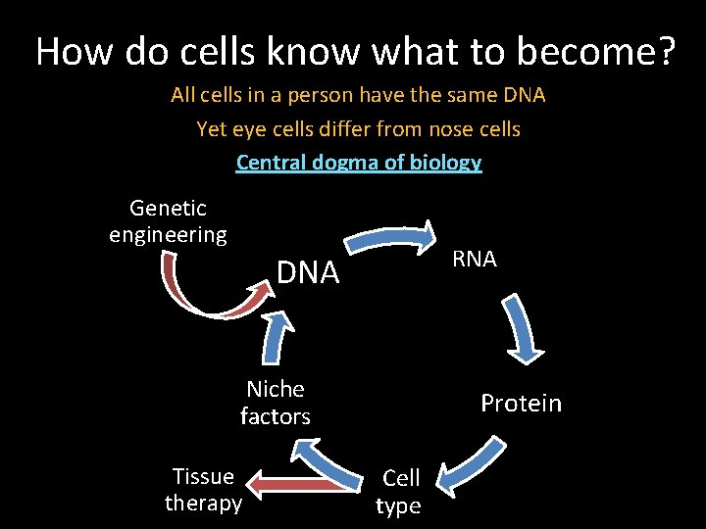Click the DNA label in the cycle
coord(308,272)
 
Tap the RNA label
coord(475,259)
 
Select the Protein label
coord(521,404)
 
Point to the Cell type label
coord(400,491)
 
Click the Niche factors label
coord(276,403)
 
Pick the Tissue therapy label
coord(203,489)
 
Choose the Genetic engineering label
coord(168,221)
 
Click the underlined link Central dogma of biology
coord(359,162)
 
